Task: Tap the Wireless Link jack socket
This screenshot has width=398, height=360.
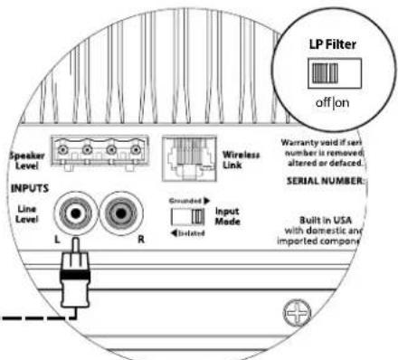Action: (186, 154)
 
